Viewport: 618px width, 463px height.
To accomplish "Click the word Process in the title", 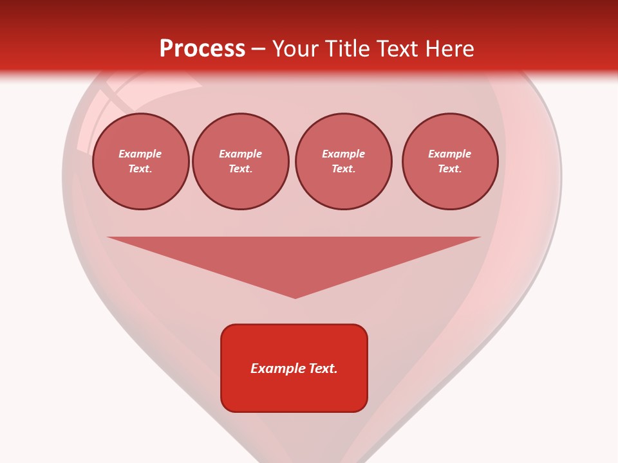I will pos(202,49).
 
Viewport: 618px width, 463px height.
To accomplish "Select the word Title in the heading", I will pos(350,49).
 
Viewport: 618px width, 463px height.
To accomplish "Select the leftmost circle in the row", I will pos(141,161).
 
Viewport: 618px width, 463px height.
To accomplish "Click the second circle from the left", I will pos(241,161).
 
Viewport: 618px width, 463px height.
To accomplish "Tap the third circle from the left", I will pos(344,161).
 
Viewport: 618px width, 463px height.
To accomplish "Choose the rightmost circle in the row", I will pos(450,161).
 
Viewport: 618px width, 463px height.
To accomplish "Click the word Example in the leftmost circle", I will pos(140,154).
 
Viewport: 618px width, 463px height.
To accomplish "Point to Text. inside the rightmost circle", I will pos(450,169).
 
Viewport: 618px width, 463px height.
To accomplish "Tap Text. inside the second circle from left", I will pos(241,169).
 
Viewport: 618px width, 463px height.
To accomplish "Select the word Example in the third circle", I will pos(344,154).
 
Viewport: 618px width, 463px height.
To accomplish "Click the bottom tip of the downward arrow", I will pos(295,296).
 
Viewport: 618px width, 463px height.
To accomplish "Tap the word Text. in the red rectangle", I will pos(323,368).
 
